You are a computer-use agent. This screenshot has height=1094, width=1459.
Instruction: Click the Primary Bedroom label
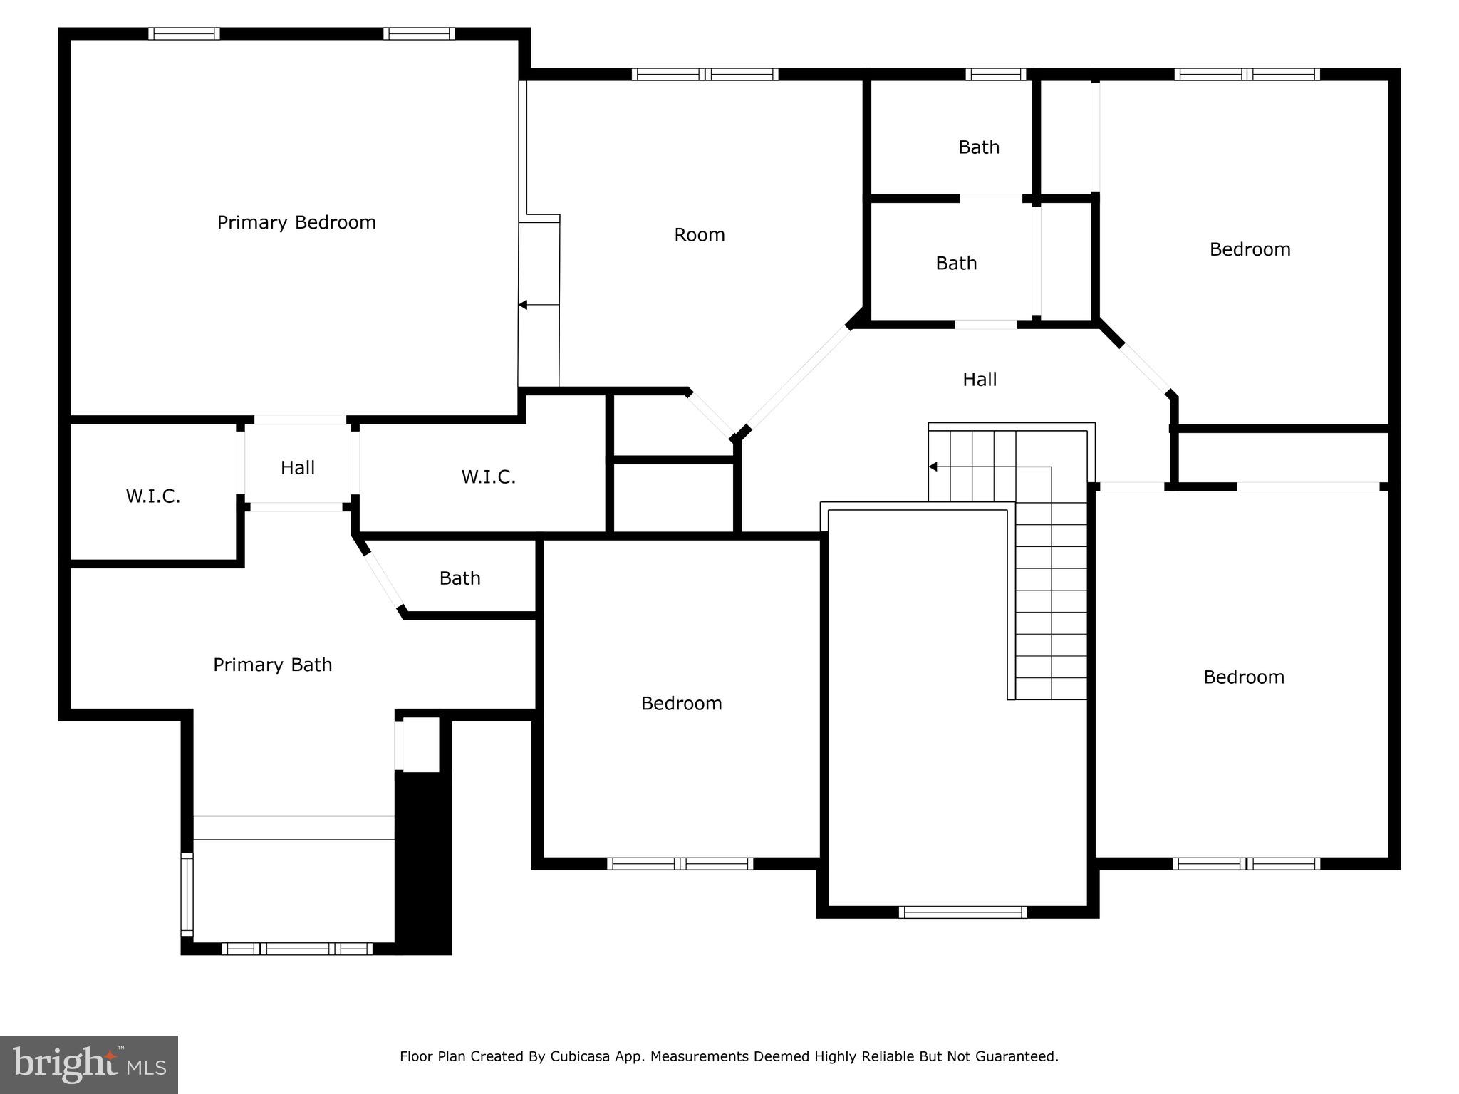pyautogui.click(x=296, y=223)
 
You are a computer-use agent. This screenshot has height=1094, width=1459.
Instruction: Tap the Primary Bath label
pyautogui.click(x=272, y=665)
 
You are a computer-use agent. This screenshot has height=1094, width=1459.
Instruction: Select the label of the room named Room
pyautogui.click(x=699, y=235)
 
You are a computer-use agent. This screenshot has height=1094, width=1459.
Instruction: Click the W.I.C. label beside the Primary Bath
pyautogui.click(x=153, y=496)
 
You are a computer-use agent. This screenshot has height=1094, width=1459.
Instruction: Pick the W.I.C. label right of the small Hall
pyautogui.click(x=488, y=477)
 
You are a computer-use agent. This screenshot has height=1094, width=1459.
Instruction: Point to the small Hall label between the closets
pyautogui.click(x=297, y=468)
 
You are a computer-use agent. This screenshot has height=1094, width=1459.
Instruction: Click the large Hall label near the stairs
pyautogui.click(x=980, y=380)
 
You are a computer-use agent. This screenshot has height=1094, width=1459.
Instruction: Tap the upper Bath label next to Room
pyautogui.click(x=978, y=147)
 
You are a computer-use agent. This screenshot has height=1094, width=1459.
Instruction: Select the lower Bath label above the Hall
pyautogui.click(x=956, y=264)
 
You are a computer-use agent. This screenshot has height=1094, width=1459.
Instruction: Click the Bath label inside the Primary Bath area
pyautogui.click(x=459, y=578)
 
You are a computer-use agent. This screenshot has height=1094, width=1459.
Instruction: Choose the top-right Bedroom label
pyautogui.click(x=1250, y=249)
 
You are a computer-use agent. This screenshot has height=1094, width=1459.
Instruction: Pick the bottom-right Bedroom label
pyautogui.click(x=1243, y=677)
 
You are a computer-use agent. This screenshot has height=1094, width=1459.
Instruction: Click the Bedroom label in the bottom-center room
pyautogui.click(x=681, y=704)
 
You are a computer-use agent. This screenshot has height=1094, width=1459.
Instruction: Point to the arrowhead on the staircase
pyautogui.click(x=933, y=467)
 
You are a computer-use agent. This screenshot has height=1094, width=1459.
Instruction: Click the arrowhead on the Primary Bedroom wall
pyautogui.click(x=522, y=305)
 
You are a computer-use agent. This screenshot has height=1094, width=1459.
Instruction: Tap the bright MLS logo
pyautogui.click(x=89, y=1064)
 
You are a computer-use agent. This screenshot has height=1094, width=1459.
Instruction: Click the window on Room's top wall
pyautogui.click(x=705, y=74)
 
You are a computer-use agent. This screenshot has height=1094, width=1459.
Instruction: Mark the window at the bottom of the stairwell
pyautogui.click(x=962, y=912)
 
